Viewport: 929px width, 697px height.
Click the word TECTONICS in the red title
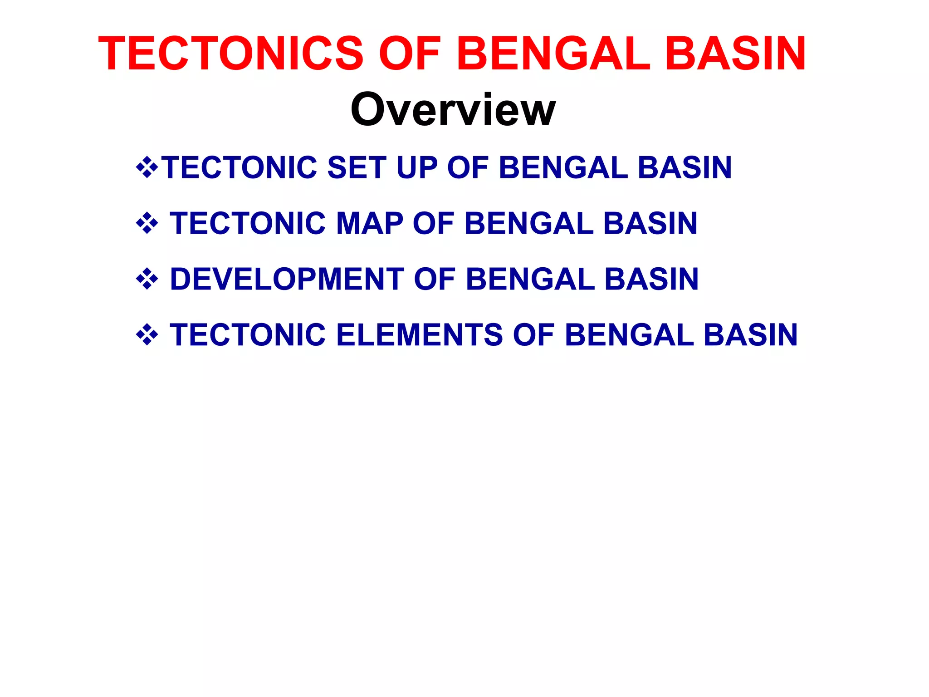coord(231,54)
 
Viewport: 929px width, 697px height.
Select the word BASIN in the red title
coord(735,54)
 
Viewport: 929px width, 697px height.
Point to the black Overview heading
coord(453,109)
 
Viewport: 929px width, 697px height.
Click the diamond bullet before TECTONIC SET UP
coord(147,167)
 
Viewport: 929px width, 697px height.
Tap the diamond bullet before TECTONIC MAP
coord(147,223)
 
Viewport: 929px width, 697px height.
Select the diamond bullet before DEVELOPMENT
coord(147,279)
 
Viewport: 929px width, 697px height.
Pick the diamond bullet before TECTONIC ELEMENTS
coord(147,335)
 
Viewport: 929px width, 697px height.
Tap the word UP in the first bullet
coord(416,167)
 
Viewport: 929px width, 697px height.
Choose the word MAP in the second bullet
coord(369,223)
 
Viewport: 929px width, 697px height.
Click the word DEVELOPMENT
coord(287,279)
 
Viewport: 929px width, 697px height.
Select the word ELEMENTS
coord(419,335)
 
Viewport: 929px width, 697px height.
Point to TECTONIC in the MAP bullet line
coord(248,223)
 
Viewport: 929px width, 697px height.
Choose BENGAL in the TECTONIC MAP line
coord(529,223)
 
